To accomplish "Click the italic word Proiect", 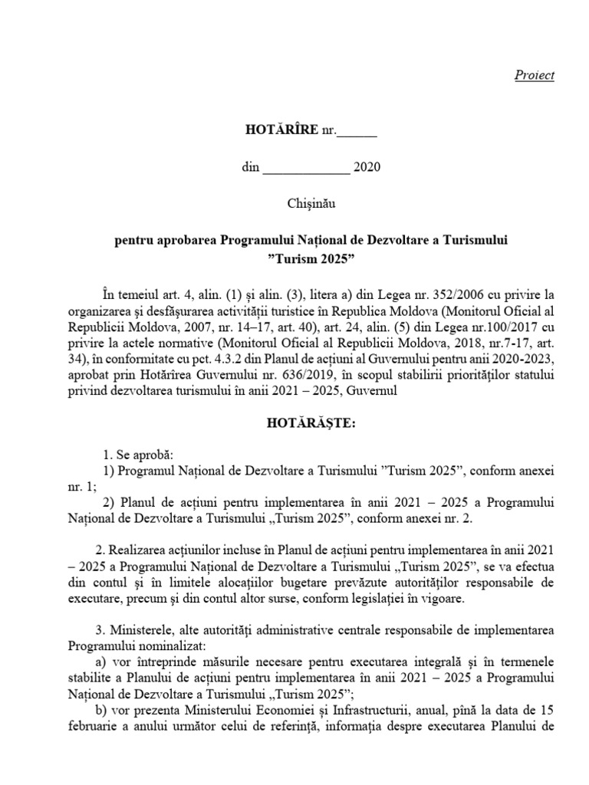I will pos(534,75).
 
